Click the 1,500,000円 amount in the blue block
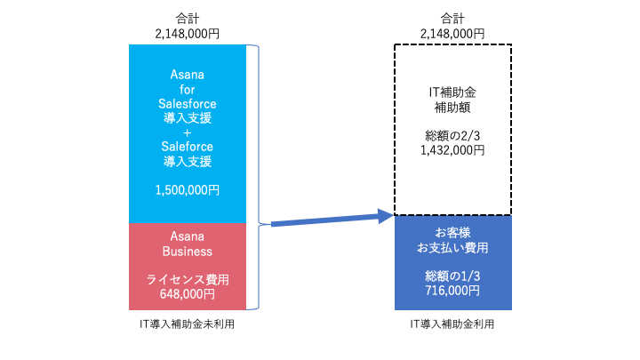pyautogui.click(x=188, y=190)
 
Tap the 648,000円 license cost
pyautogui.click(x=188, y=294)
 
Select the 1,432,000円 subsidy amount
pyautogui.click(x=452, y=150)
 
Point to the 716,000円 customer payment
pyautogui.click(x=452, y=291)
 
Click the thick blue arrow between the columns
pyautogui.click(x=332, y=220)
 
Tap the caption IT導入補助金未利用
pyautogui.click(x=187, y=324)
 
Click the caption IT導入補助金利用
pyautogui.click(x=452, y=324)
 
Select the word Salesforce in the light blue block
pyautogui.click(x=188, y=104)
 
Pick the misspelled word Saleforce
pyautogui.click(x=188, y=147)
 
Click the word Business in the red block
pyautogui.click(x=188, y=252)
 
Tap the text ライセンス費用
pyautogui.click(x=188, y=280)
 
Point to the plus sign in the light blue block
pyautogui.click(x=188, y=132)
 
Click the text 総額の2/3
pyautogui.click(x=452, y=135)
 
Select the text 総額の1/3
pyautogui.click(x=452, y=276)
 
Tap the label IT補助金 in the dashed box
pyautogui.click(x=452, y=92)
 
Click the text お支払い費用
pyautogui.click(x=452, y=248)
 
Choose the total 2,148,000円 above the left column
pyautogui.click(x=188, y=34)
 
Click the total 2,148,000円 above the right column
pyautogui.click(x=452, y=34)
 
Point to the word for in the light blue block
pyautogui.click(x=188, y=90)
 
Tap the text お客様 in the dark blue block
pyautogui.click(x=452, y=233)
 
